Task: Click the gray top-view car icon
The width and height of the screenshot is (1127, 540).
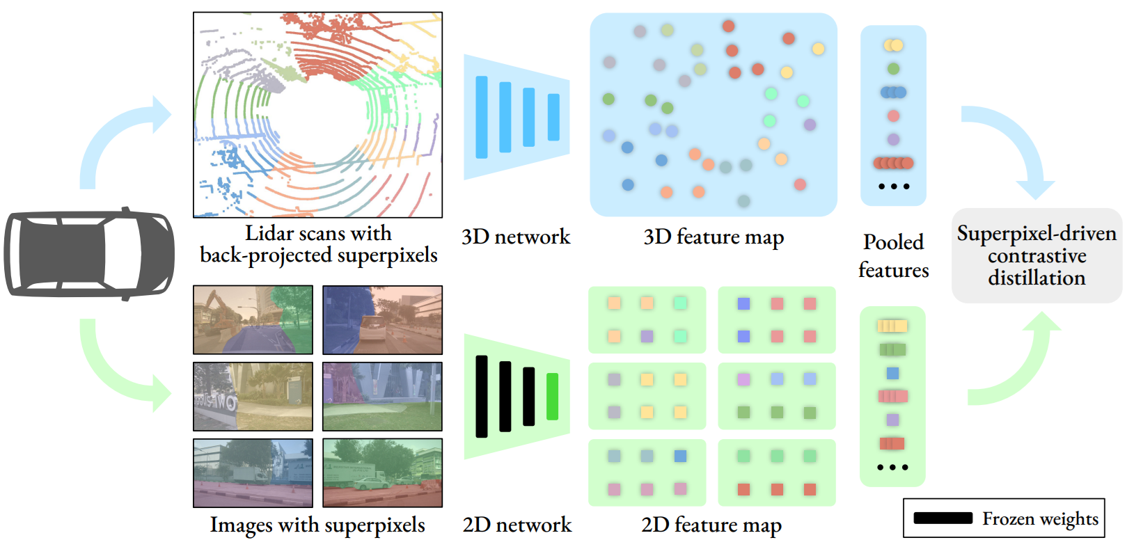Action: [x=89, y=253]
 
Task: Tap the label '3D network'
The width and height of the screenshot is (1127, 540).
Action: [x=515, y=237]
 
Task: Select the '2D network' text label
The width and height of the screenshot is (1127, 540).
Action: [x=517, y=525]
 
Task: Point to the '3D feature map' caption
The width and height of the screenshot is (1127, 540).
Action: [x=714, y=237]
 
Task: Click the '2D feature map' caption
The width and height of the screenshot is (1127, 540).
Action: [x=711, y=525]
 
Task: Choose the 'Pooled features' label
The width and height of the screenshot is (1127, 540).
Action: [x=893, y=256]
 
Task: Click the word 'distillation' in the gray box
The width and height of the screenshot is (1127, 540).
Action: [x=1037, y=278]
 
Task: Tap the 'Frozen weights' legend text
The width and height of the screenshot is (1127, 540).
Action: [x=1040, y=518]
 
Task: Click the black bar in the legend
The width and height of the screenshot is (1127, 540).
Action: [x=943, y=518]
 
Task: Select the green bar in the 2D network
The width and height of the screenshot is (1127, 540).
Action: [x=552, y=397]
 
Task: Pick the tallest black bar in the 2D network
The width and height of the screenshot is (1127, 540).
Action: [x=482, y=397]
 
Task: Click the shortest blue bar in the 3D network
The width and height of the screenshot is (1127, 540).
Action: [x=553, y=118]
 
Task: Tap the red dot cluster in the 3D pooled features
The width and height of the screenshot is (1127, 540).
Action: [x=893, y=164]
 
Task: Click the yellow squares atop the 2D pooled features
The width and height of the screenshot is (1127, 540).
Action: [x=892, y=326]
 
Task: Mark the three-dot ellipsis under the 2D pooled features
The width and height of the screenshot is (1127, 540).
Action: [x=892, y=467]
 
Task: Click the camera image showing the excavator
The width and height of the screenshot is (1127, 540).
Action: [x=253, y=319]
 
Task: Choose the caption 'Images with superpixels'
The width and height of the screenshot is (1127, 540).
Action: [x=317, y=525]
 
